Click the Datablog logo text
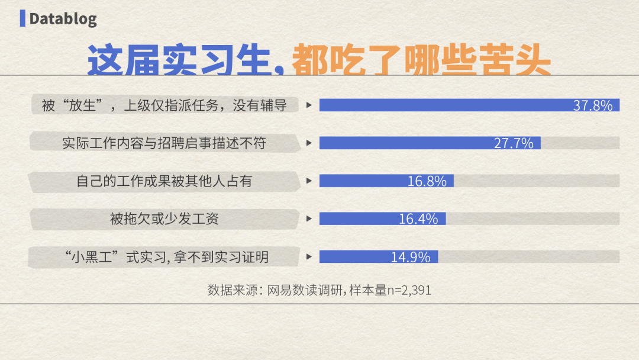[x=63, y=19]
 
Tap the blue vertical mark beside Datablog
[x=22, y=18]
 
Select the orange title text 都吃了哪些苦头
[x=421, y=60]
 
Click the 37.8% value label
[x=593, y=105]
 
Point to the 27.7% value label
[x=514, y=143]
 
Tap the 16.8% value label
[x=427, y=181]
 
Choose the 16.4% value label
[x=418, y=219]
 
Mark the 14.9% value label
[x=411, y=257]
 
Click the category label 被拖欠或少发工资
[x=164, y=219]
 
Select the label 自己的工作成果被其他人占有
[x=164, y=181]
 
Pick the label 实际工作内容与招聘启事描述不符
[x=164, y=143]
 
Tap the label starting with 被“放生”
[x=164, y=105]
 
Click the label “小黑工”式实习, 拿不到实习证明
[x=166, y=257]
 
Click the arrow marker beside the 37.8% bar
[x=309, y=105]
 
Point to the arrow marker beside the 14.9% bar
[x=309, y=257]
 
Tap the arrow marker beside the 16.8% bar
[x=309, y=181]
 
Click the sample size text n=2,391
[x=409, y=290]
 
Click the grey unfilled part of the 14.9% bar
[x=529, y=257]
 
